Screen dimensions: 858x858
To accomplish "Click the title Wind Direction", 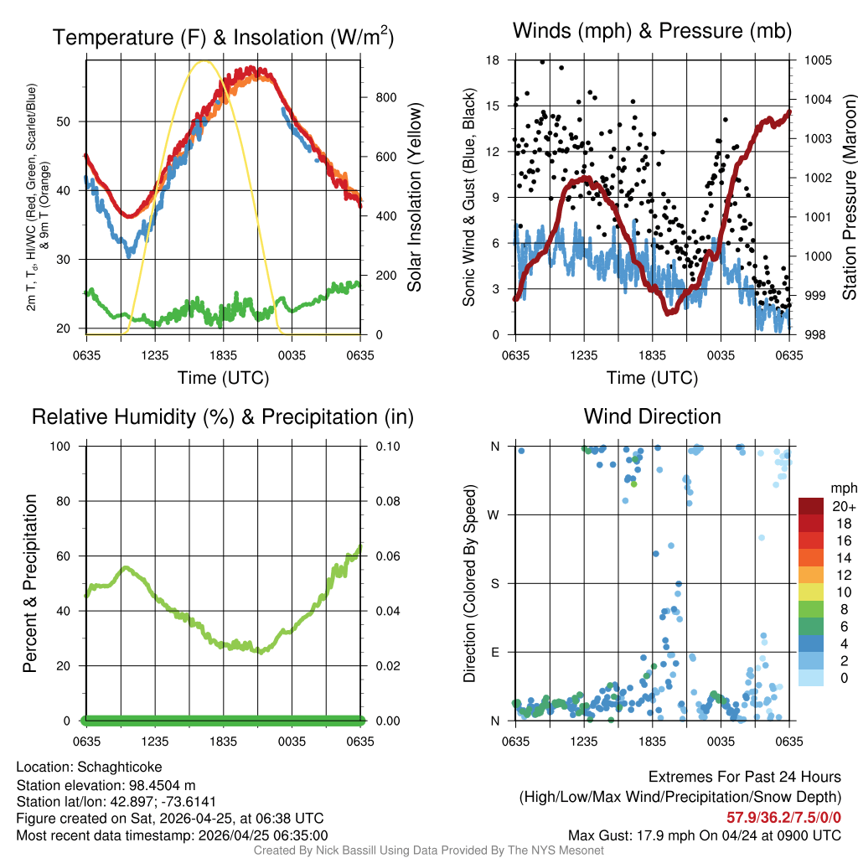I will click(652, 416).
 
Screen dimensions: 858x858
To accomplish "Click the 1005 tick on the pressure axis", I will click(817, 60).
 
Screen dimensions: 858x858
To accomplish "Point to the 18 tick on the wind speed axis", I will click(494, 60).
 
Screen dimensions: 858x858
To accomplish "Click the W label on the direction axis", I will click(495, 514).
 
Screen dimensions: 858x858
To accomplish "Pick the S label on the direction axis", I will click(495, 583).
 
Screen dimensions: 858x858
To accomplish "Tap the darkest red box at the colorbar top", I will click(812, 506).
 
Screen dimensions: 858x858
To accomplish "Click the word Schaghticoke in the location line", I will click(120, 767).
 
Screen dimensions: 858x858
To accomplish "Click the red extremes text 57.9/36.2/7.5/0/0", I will click(783, 817).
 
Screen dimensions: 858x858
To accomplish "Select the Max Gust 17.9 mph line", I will click(704, 835).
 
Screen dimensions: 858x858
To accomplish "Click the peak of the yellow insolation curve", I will click(203, 61).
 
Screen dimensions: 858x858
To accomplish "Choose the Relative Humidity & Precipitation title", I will click(222, 416).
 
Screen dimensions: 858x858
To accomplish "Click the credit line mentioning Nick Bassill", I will click(428, 850).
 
